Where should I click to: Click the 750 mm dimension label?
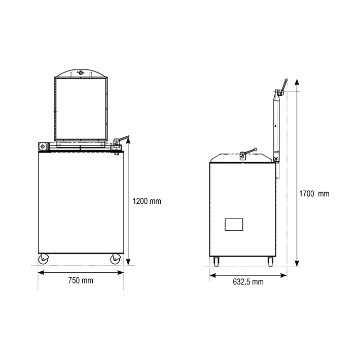click(81, 280)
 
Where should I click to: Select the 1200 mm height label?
click(147, 201)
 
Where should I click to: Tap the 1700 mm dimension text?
click(314, 194)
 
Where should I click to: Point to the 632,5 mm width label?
click(248, 282)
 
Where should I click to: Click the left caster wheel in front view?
click(43, 259)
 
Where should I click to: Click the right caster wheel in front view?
click(115, 259)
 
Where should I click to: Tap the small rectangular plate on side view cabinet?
click(234, 225)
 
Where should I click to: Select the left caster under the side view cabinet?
click(217, 262)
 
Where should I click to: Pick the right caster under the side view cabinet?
click(270, 262)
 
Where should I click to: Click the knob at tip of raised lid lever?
click(286, 80)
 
